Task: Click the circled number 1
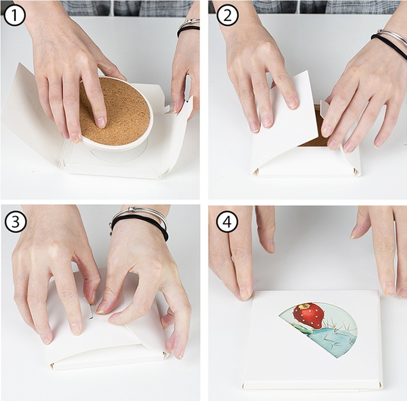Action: click(14, 15)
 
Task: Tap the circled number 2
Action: click(227, 15)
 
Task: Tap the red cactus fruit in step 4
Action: click(308, 316)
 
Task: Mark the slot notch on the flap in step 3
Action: click(90, 310)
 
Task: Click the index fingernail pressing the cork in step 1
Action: click(100, 123)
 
